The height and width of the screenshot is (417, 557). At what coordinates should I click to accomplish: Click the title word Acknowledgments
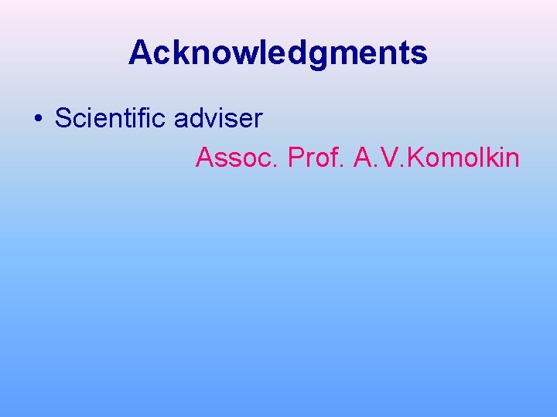[278, 53]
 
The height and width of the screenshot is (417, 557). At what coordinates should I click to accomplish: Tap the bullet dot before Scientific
[37, 120]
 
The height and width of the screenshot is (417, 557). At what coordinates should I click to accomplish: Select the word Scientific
[111, 119]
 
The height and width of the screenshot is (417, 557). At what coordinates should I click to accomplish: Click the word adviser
[218, 119]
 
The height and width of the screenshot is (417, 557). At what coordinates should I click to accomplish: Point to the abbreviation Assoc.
[237, 158]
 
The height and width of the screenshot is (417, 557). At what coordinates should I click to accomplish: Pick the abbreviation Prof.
[316, 158]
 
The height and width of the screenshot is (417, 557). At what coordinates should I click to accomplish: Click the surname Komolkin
[463, 158]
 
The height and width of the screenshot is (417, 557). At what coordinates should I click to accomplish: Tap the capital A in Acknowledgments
[140, 53]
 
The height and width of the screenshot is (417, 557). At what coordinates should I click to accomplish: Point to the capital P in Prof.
[296, 158]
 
